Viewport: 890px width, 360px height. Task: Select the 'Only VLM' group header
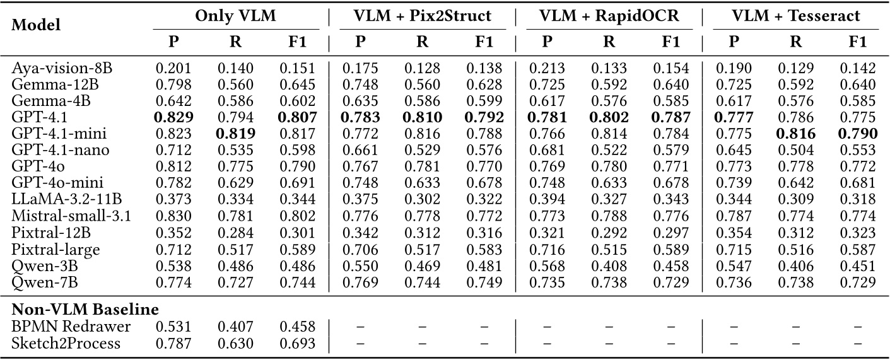click(235, 16)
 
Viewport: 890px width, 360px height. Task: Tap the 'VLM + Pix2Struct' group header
click(423, 16)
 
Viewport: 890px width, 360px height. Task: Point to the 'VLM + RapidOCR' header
click(609, 16)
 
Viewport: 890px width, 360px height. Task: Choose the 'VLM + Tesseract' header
click(795, 16)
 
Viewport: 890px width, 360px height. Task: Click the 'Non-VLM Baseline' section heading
click(85, 310)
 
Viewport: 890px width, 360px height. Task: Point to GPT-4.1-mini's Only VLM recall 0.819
click(235, 134)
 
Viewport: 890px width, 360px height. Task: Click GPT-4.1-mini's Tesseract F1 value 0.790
click(858, 134)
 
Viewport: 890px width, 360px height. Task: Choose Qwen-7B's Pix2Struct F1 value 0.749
click(484, 282)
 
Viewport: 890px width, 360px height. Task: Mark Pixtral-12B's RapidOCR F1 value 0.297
click(671, 232)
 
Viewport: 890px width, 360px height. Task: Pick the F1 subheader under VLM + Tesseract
click(858, 42)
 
